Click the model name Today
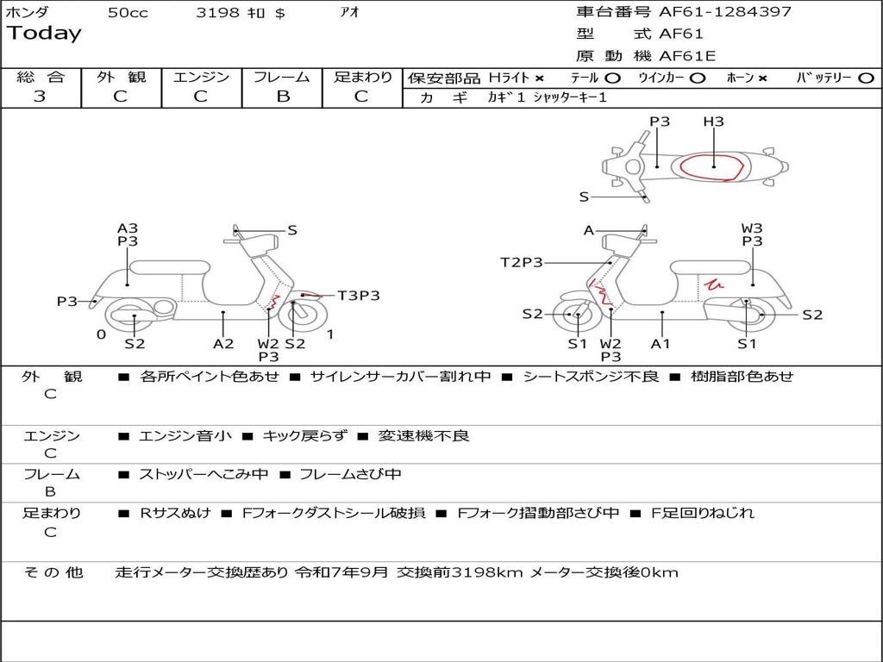click(x=44, y=34)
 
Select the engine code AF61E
click(x=687, y=57)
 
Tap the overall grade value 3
click(x=40, y=96)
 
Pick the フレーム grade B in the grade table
click(x=282, y=96)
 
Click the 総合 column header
click(x=41, y=77)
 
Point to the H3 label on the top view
click(x=713, y=122)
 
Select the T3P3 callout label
click(x=358, y=296)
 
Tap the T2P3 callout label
click(x=522, y=262)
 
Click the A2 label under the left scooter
click(x=223, y=344)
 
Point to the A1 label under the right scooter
click(x=661, y=344)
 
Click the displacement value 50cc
click(x=128, y=13)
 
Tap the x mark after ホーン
click(x=762, y=78)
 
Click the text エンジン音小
click(x=185, y=436)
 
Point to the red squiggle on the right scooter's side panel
click(x=713, y=283)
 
